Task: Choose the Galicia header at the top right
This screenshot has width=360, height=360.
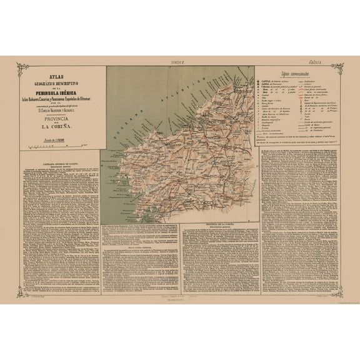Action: tap(323, 62)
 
